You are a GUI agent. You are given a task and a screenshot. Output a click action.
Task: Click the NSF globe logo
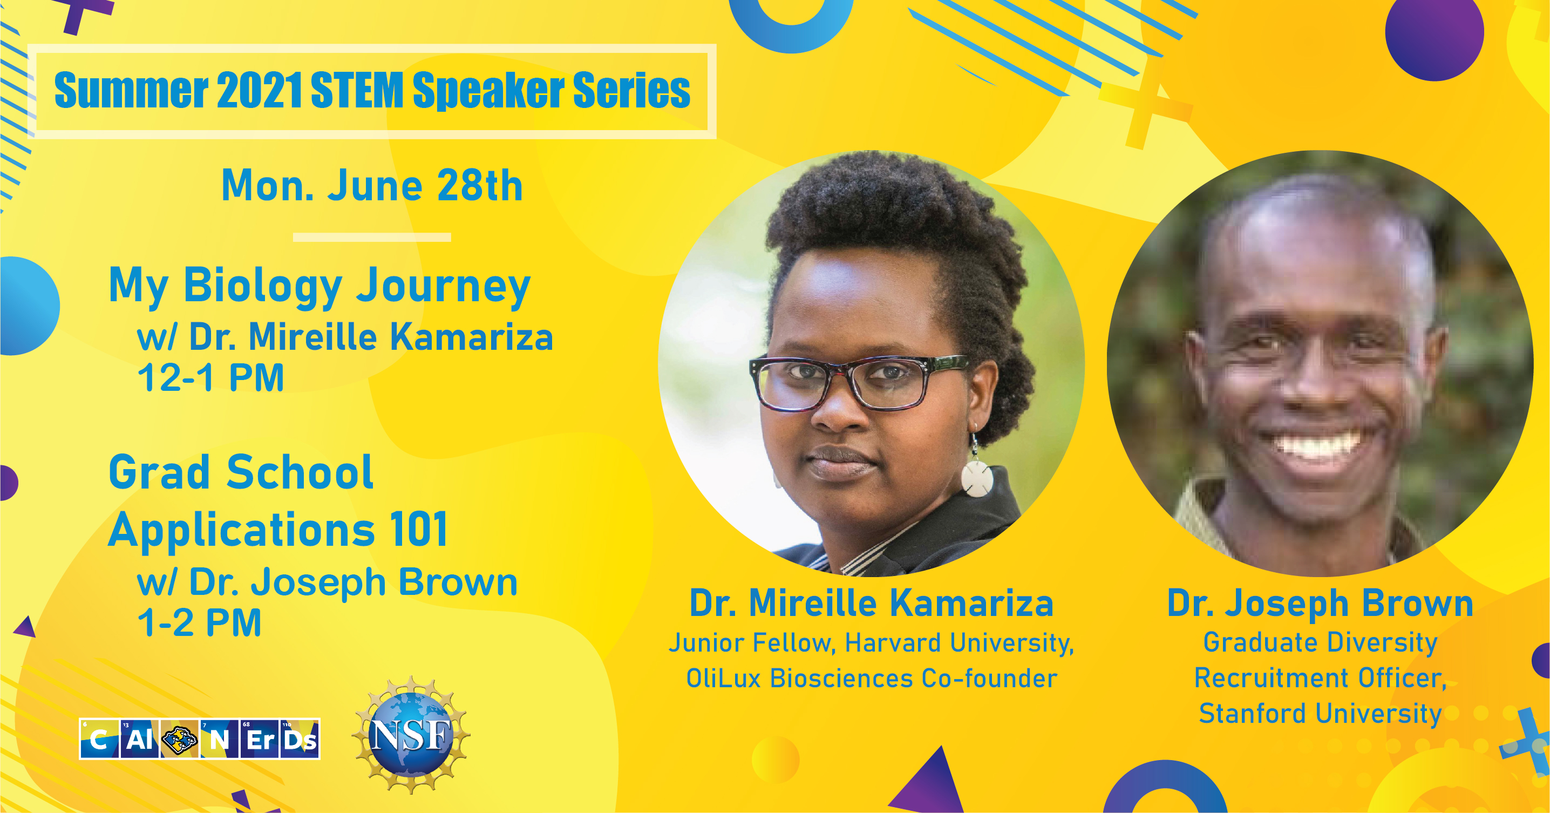click(411, 734)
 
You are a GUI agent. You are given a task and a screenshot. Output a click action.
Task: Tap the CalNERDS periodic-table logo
click(200, 739)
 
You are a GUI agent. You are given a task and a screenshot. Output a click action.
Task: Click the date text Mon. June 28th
click(372, 185)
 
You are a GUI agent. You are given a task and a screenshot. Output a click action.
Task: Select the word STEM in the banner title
click(357, 90)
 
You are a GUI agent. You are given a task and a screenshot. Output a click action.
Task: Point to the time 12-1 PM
click(210, 378)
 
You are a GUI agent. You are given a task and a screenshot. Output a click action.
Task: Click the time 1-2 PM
click(200, 622)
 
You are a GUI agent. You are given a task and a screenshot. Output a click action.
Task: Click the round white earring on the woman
click(976, 478)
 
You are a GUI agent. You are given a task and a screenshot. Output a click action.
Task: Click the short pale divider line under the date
click(372, 237)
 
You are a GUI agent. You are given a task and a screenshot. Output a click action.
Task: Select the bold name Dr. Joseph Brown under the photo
click(1320, 603)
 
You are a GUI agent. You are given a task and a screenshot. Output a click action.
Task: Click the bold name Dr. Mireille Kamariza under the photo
click(871, 603)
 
